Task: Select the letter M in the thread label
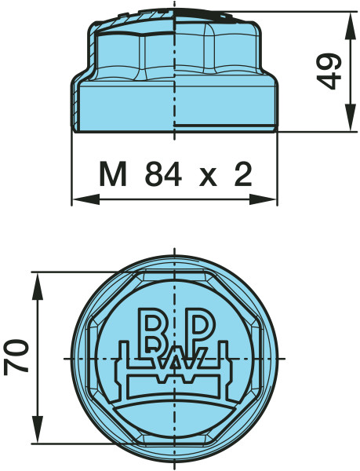click(x=114, y=174)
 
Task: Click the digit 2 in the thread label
click(x=244, y=174)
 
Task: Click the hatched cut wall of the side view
click(x=77, y=108)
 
